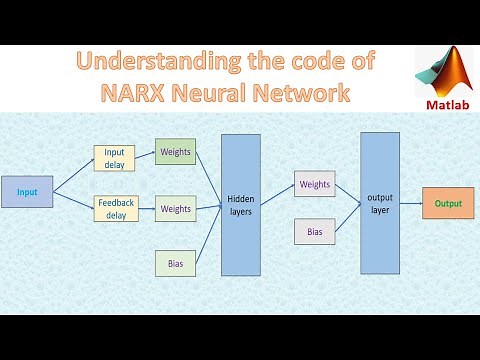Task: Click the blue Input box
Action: [26, 191]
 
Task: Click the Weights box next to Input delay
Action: [175, 153]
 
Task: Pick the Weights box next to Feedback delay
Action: [175, 209]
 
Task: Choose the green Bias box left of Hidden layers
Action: [175, 263]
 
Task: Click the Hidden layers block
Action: [241, 205]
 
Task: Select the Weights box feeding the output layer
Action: [315, 184]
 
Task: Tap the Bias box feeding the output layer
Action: [315, 232]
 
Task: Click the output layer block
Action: [380, 203]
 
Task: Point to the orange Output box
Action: [448, 203]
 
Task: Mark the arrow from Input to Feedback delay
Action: [73, 199]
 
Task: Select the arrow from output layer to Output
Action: [411, 203]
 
